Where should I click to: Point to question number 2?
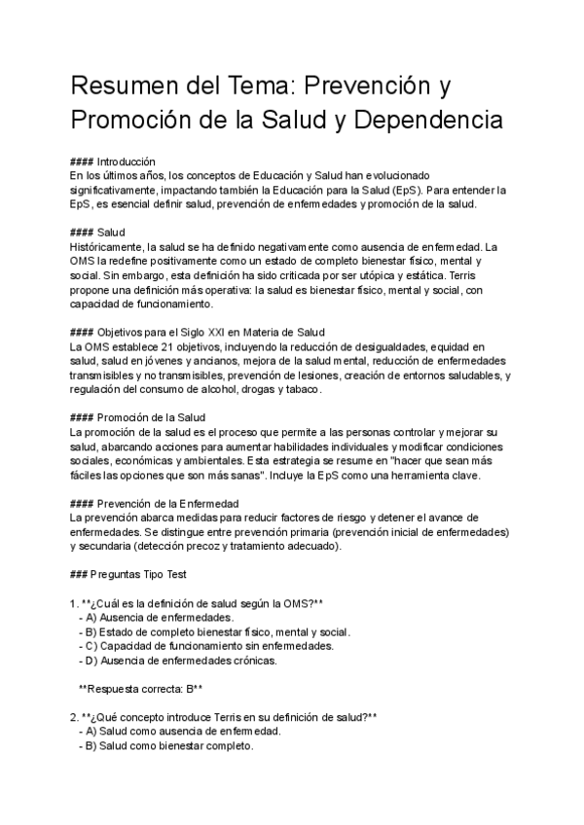point(74,717)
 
